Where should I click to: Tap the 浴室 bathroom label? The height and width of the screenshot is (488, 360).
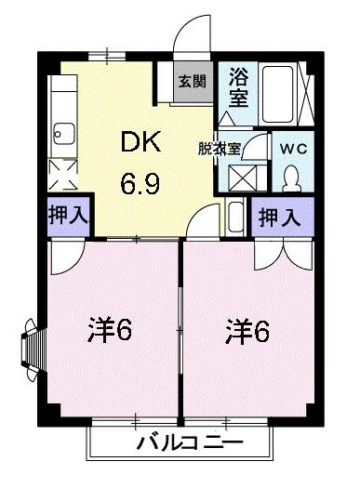coord(237,89)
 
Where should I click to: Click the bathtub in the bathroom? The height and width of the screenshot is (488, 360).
coord(280,90)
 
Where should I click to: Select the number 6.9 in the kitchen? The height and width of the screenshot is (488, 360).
coord(139,182)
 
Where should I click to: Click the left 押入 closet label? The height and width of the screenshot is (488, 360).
coord(65,216)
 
